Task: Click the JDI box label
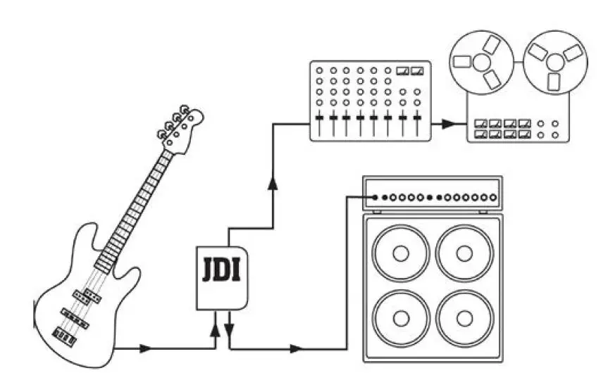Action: (x=222, y=270)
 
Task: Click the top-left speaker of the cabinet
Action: (x=401, y=252)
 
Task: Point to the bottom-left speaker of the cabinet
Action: (x=401, y=318)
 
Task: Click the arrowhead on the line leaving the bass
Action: (x=145, y=348)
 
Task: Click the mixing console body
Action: (x=370, y=101)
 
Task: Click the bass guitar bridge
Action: (x=65, y=339)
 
